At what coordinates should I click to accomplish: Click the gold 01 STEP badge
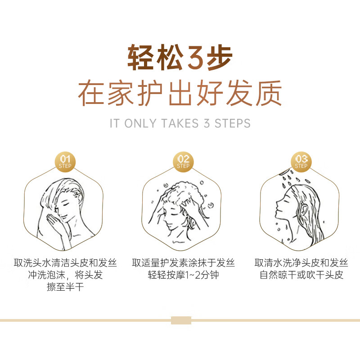pos(65,162)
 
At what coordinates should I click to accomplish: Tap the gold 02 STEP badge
pos(183,162)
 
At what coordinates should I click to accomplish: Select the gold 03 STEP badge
pos(301,162)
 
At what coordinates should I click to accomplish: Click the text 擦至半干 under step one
pos(65,287)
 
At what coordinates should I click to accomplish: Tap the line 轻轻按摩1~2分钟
pos(183,275)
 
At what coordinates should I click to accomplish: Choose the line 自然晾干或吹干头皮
pos(301,275)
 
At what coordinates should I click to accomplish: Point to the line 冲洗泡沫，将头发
pos(65,275)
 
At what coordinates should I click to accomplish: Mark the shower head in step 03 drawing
pos(285,171)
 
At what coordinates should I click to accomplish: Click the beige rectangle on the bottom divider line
pos(181,320)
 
